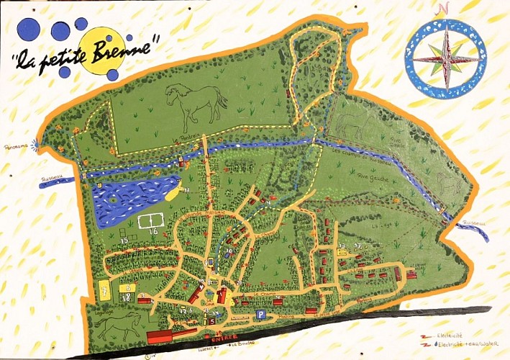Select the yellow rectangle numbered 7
click(105, 291)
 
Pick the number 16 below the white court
click(152, 232)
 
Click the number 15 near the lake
click(124, 240)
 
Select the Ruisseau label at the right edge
click(474, 222)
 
